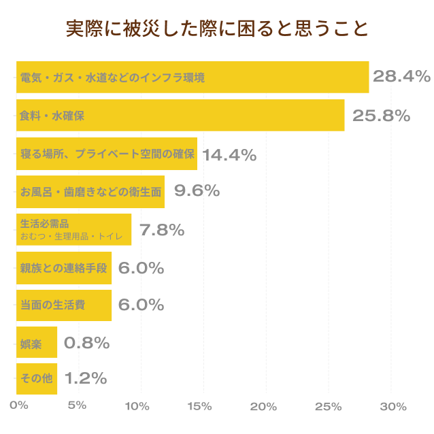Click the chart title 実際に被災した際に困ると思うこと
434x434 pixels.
tap(217, 29)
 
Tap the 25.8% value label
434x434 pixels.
tap(381, 116)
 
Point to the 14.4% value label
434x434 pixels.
tap(229, 154)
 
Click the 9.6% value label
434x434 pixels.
tap(197, 191)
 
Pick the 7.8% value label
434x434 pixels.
tap(162, 230)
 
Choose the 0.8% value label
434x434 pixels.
tap(86, 343)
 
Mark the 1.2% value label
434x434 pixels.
tap(86, 378)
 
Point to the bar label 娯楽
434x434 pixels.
tap(31, 344)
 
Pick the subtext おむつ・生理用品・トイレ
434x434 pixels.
tap(71, 237)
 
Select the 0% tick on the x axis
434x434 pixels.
tap(18, 406)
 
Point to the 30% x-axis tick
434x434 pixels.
tap(393, 406)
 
